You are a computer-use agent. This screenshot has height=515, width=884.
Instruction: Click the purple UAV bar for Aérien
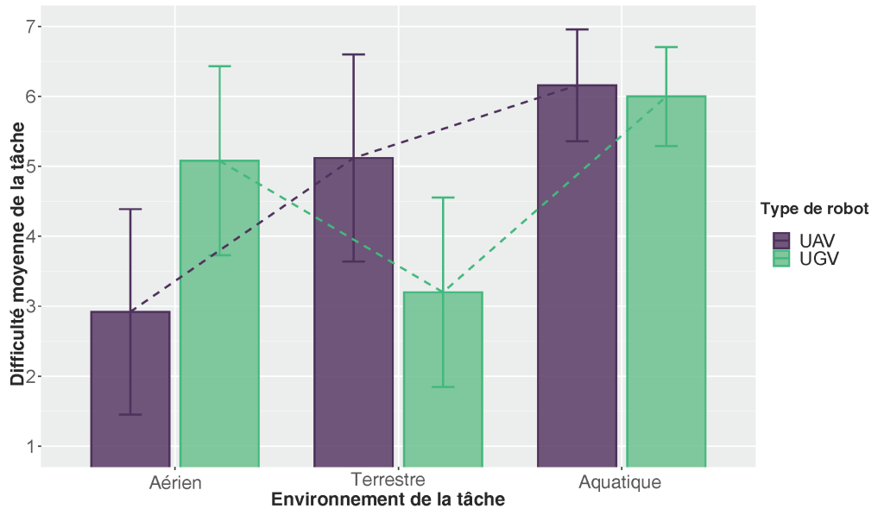point(130,388)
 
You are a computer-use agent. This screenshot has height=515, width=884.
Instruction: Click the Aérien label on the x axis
point(175,482)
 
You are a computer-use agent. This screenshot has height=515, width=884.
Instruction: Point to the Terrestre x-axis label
point(399,479)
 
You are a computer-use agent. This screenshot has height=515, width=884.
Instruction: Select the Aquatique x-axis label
point(622,482)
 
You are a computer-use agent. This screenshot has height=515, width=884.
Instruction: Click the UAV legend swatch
point(781,240)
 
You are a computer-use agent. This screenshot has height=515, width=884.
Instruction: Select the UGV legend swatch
point(781,258)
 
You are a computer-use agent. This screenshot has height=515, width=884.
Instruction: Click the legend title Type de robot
point(814,209)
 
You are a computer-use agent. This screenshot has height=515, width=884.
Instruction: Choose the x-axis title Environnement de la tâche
point(388,500)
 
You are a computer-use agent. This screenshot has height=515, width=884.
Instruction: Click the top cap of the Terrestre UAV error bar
point(354,54)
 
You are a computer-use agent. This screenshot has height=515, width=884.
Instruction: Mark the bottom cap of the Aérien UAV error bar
point(130,415)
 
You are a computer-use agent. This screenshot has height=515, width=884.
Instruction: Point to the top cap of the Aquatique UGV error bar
point(666,47)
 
